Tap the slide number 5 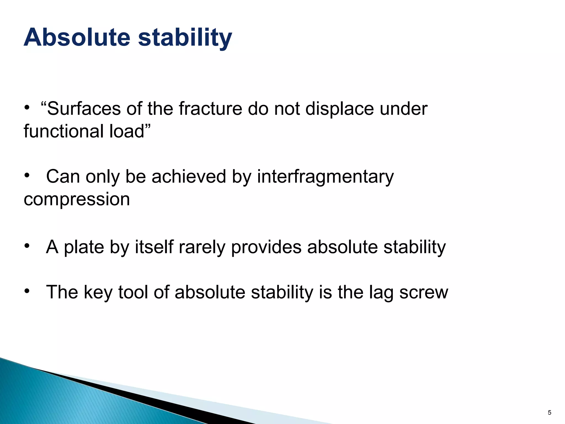coord(549,413)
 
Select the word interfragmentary coord(326,177)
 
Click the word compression coord(77,199)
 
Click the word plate coord(84,247)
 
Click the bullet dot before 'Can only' coord(27,175)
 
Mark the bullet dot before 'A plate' coord(27,245)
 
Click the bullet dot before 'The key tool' coord(27,291)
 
